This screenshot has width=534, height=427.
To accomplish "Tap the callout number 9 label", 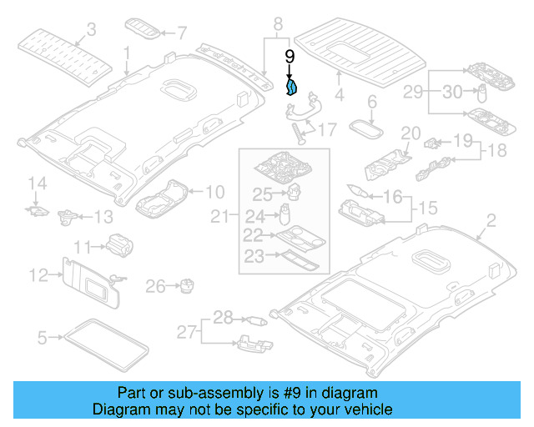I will tap(290, 57).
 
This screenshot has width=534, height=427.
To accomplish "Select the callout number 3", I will tap(92, 30).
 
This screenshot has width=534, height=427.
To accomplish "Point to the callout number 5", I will tap(43, 338).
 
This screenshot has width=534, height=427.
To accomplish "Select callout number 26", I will tap(155, 287).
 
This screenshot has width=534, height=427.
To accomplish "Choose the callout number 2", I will tap(491, 220).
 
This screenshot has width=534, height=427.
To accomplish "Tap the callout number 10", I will tap(214, 190).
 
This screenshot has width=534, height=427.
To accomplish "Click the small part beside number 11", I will tap(119, 244).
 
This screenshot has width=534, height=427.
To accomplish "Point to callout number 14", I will tap(35, 183).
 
